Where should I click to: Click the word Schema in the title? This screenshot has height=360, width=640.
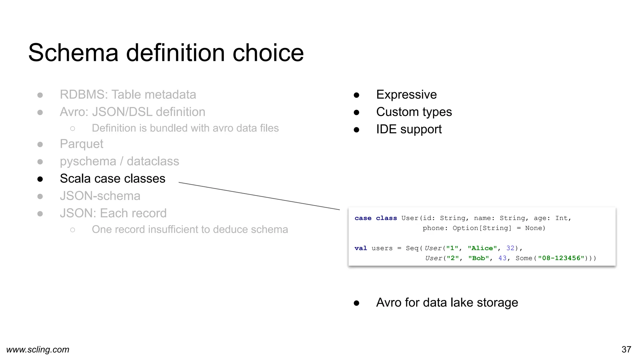[73, 52]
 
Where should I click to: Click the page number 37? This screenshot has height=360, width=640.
[626, 349]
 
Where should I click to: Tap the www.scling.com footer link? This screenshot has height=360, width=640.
[38, 349]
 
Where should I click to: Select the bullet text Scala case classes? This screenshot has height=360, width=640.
[112, 178]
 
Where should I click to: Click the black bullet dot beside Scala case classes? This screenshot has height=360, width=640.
[40, 179]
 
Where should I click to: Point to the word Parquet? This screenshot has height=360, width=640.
[81, 144]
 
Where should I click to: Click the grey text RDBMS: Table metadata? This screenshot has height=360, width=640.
[128, 94]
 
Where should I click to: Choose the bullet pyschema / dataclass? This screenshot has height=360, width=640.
[119, 161]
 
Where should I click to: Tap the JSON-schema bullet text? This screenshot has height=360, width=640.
[100, 196]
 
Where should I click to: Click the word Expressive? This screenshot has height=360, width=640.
[406, 94]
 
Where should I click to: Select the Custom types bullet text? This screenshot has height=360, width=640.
[414, 112]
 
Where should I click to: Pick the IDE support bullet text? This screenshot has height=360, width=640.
[409, 129]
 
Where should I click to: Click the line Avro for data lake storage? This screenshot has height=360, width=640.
[447, 302]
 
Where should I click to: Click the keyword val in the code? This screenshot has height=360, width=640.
[361, 248]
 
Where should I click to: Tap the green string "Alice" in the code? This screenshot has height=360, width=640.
[482, 248]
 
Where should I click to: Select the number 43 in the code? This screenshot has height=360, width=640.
[502, 258]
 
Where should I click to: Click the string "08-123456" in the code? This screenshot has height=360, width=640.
[561, 258]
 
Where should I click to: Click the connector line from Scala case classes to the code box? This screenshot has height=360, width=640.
[259, 196]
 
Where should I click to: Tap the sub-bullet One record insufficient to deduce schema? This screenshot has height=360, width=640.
[190, 229]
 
